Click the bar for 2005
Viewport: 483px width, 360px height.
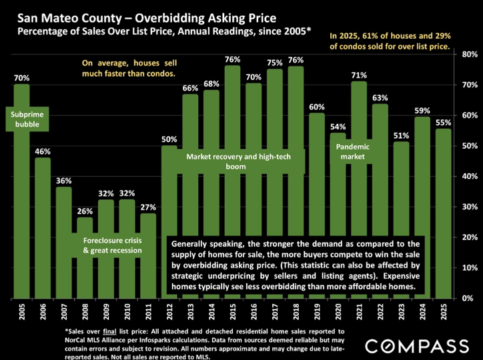click(22, 193)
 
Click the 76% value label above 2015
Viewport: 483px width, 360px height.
click(232, 60)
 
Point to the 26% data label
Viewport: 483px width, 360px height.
click(85, 211)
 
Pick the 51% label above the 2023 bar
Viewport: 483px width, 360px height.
click(401, 136)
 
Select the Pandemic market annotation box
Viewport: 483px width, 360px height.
click(358, 151)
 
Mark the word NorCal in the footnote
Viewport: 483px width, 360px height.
click(78, 339)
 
